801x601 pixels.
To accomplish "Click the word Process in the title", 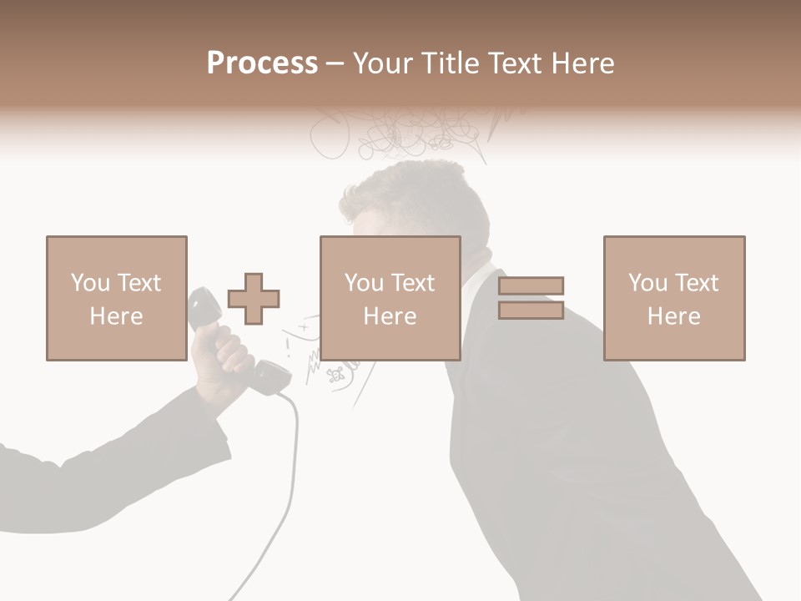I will click(x=262, y=63).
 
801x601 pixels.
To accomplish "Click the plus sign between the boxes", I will click(x=254, y=299).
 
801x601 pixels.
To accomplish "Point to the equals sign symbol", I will click(x=531, y=298).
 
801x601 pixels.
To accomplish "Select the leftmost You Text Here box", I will click(x=116, y=298).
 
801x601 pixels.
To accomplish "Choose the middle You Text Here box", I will click(x=390, y=298).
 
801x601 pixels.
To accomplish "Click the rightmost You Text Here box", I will click(x=673, y=298).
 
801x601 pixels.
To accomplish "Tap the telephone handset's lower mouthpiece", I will click(x=269, y=377).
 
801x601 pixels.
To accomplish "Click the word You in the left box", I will click(x=90, y=282).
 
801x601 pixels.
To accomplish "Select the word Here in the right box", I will click(x=673, y=316).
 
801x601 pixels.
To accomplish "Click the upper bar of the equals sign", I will click(x=531, y=286).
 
